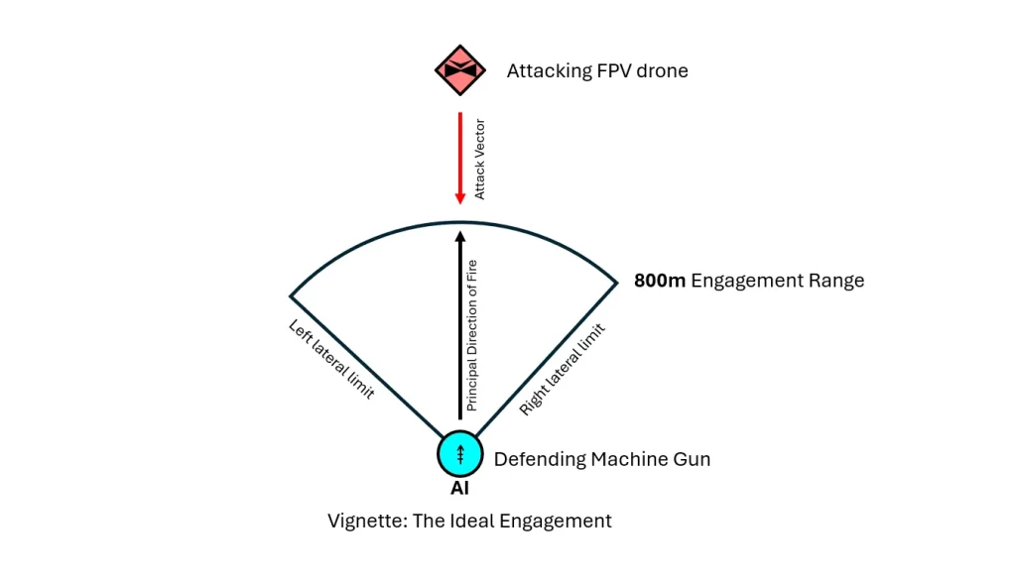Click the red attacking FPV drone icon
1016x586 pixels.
pyautogui.click(x=460, y=70)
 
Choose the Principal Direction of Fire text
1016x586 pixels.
pyautogui.click(x=472, y=335)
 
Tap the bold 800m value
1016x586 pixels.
pyautogui.click(x=660, y=281)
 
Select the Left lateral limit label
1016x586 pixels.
pyautogui.click(x=330, y=359)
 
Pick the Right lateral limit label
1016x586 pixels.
pyautogui.click(x=562, y=368)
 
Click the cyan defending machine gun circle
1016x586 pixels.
pyautogui.click(x=460, y=455)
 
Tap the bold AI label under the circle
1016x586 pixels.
pyautogui.click(x=459, y=488)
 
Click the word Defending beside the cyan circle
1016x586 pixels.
pyautogui.click(x=540, y=459)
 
